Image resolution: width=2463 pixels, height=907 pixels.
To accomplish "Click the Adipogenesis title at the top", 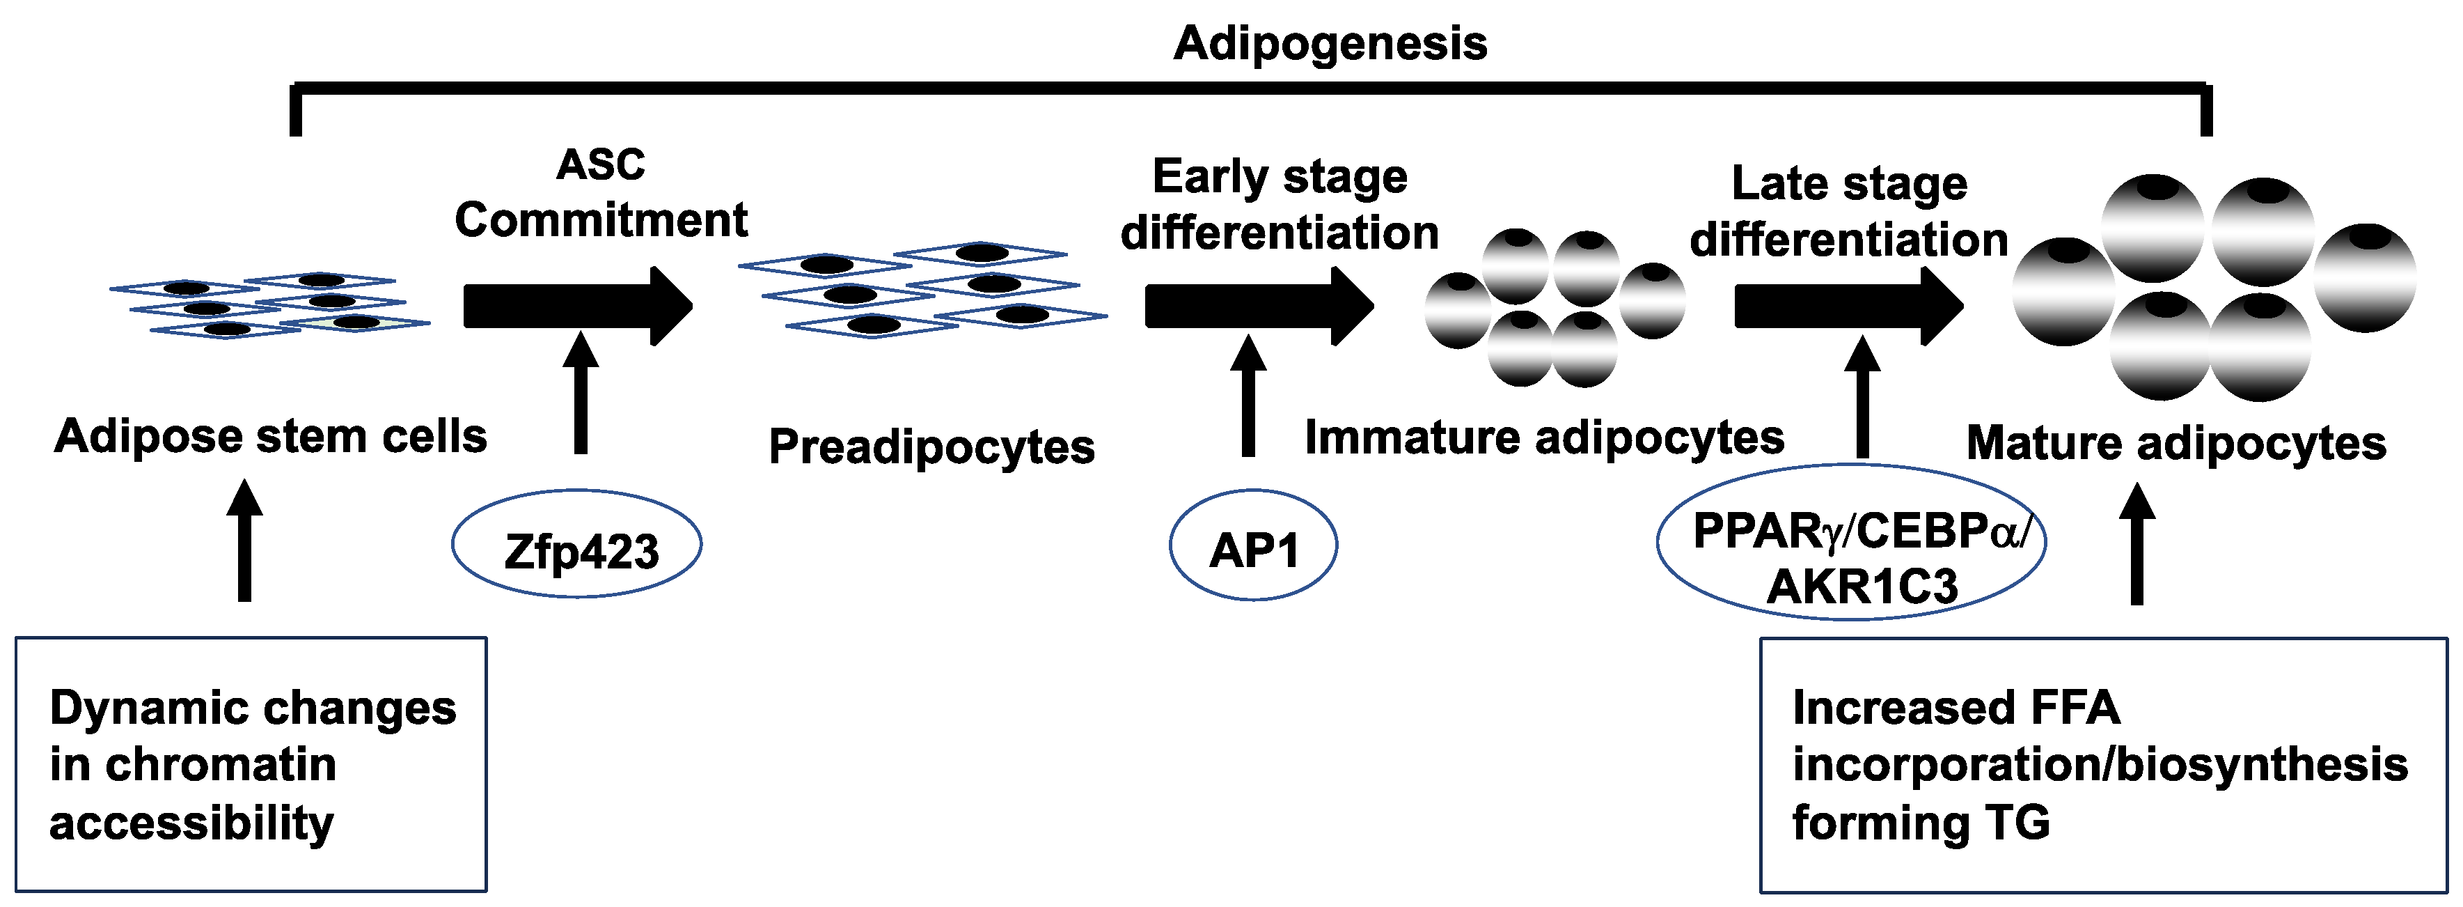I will pyautogui.click(x=1330, y=44).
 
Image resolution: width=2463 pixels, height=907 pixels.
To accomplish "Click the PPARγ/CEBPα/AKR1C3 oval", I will pyautogui.click(x=1851, y=543).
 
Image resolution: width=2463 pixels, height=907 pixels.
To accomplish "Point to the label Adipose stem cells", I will pyautogui.click(x=271, y=436).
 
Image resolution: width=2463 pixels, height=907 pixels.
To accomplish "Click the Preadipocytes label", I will pyautogui.click(x=931, y=447).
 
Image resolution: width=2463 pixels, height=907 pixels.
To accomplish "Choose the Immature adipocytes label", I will pyautogui.click(x=1544, y=438).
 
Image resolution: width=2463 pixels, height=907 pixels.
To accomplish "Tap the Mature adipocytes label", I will pyautogui.click(x=2176, y=444).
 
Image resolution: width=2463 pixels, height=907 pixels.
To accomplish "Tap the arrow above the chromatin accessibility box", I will pyautogui.click(x=245, y=541).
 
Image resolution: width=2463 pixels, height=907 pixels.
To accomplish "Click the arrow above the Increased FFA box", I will pyautogui.click(x=2137, y=544).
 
